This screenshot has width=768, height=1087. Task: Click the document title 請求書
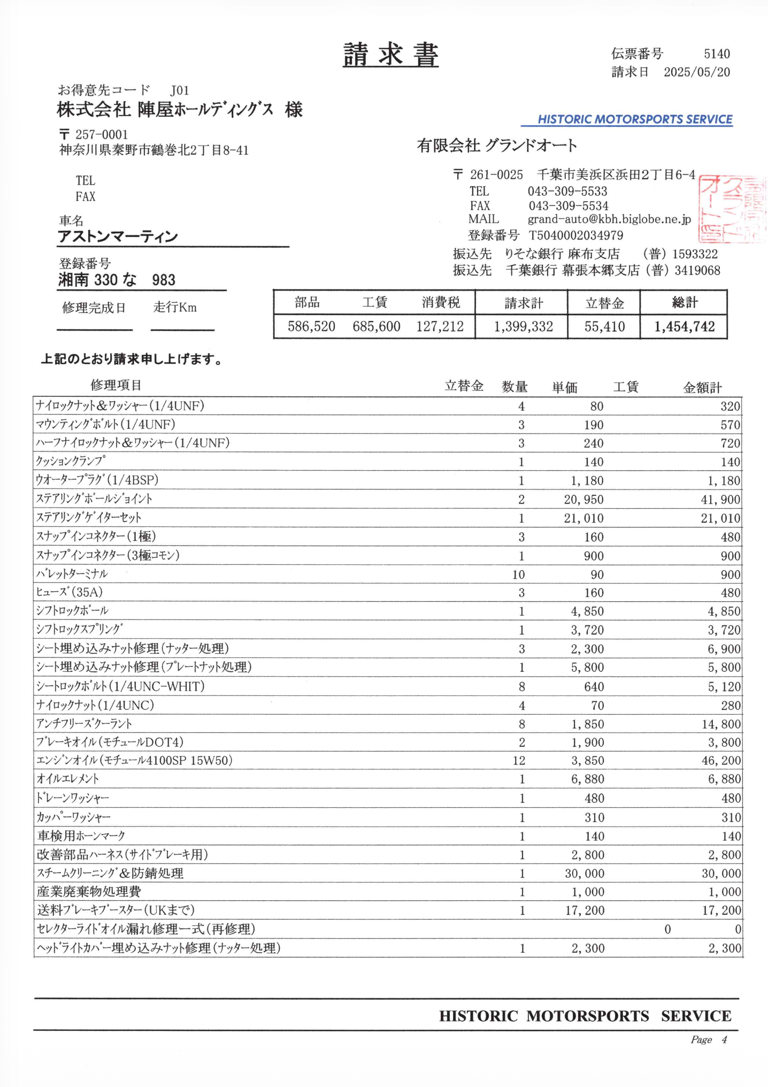pyautogui.click(x=390, y=55)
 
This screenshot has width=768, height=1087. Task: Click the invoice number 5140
pyautogui.click(x=717, y=53)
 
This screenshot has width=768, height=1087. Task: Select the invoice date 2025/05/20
pyautogui.click(x=696, y=72)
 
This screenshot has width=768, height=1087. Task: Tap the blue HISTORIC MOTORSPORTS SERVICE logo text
pyautogui.click(x=635, y=119)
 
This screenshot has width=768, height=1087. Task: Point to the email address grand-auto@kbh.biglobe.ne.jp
pyautogui.click(x=609, y=219)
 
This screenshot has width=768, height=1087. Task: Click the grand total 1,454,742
pyautogui.click(x=685, y=327)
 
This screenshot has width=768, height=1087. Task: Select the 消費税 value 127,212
pyautogui.click(x=440, y=327)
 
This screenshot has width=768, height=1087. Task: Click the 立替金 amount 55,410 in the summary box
pyautogui.click(x=604, y=327)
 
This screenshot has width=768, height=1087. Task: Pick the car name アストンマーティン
pyautogui.click(x=118, y=236)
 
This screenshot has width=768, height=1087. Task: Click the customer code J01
pyautogui.click(x=180, y=90)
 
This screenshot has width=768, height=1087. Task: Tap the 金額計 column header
pyautogui.click(x=702, y=387)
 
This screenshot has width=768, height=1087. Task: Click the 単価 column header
pyautogui.click(x=565, y=387)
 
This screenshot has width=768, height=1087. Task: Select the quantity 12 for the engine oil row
pyautogui.click(x=519, y=761)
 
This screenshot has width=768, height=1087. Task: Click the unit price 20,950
pyautogui.click(x=583, y=500)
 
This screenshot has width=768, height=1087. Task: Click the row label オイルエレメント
pyautogui.click(x=67, y=779)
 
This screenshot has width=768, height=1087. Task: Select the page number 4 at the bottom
pyautogui.click(x=724, y=1040)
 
